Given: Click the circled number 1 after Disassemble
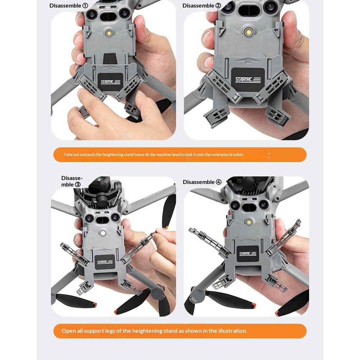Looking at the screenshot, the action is (85, 5).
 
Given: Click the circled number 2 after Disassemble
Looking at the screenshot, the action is (218, 5).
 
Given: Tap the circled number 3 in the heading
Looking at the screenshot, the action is (78, 185).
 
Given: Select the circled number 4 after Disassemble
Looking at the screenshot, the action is (219, 182).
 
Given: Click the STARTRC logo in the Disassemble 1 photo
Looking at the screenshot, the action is (110, 82).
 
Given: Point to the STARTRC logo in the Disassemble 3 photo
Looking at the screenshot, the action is (105, 262).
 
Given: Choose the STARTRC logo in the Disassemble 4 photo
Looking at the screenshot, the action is (248, 254).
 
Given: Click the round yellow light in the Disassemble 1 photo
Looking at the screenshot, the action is (109, 33).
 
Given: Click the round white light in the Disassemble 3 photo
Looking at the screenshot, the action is (103, 233).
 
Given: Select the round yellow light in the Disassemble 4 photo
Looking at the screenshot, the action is (248, 222).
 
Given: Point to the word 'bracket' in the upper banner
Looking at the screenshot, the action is (236, 155).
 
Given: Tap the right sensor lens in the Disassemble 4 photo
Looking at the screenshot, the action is (264, 204).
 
